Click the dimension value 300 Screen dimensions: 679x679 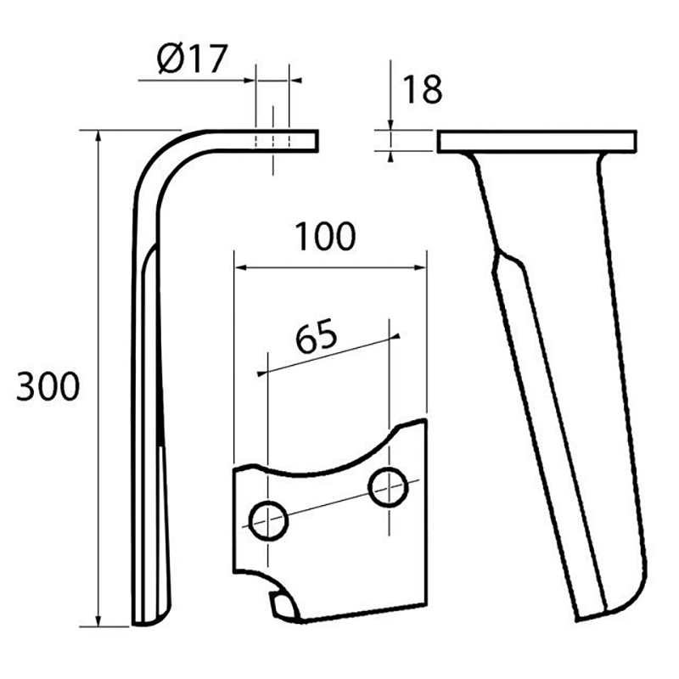tap(48, 387)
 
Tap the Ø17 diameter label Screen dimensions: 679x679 tap(192, 59)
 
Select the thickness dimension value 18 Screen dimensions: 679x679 tap(422, 89)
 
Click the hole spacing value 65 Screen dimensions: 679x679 tap(317, 337)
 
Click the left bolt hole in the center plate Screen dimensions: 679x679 tap(268, 519)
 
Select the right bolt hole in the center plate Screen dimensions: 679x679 tap(387, 489)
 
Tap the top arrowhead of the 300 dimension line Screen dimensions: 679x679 tap(99, 137)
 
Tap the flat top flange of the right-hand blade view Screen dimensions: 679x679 tap(536, 142)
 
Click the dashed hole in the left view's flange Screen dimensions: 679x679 tap(272, 140)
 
